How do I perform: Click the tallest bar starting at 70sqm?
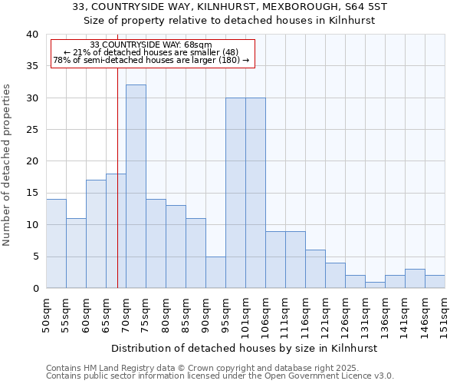click(136, 187)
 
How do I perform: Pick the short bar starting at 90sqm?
click(215, 272)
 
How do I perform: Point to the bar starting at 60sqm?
click(96, 234)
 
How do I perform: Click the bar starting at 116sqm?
click(315, 269)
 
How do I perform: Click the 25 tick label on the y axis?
click(32, 130)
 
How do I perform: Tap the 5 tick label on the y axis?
click(35, 257)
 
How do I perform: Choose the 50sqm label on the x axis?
click(47, 314)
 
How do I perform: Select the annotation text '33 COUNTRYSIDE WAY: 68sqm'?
click(151, 45)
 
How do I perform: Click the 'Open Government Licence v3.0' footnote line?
click(220, 376)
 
